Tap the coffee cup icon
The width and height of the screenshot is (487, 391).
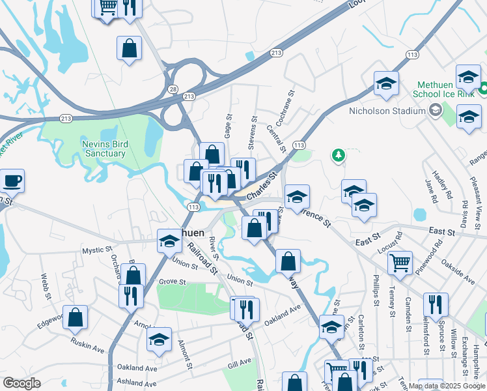(x=12, y=180)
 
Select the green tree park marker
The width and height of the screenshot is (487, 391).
(x=337, y=154)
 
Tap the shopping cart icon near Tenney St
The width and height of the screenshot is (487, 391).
(x=400, y=263)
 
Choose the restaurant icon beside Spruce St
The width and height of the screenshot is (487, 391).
(x=436, y=304)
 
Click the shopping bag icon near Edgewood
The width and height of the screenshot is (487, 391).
(x=76, y=317)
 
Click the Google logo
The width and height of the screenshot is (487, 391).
(x=21, y=383)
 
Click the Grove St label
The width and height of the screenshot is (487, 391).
(x=173, y=282)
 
